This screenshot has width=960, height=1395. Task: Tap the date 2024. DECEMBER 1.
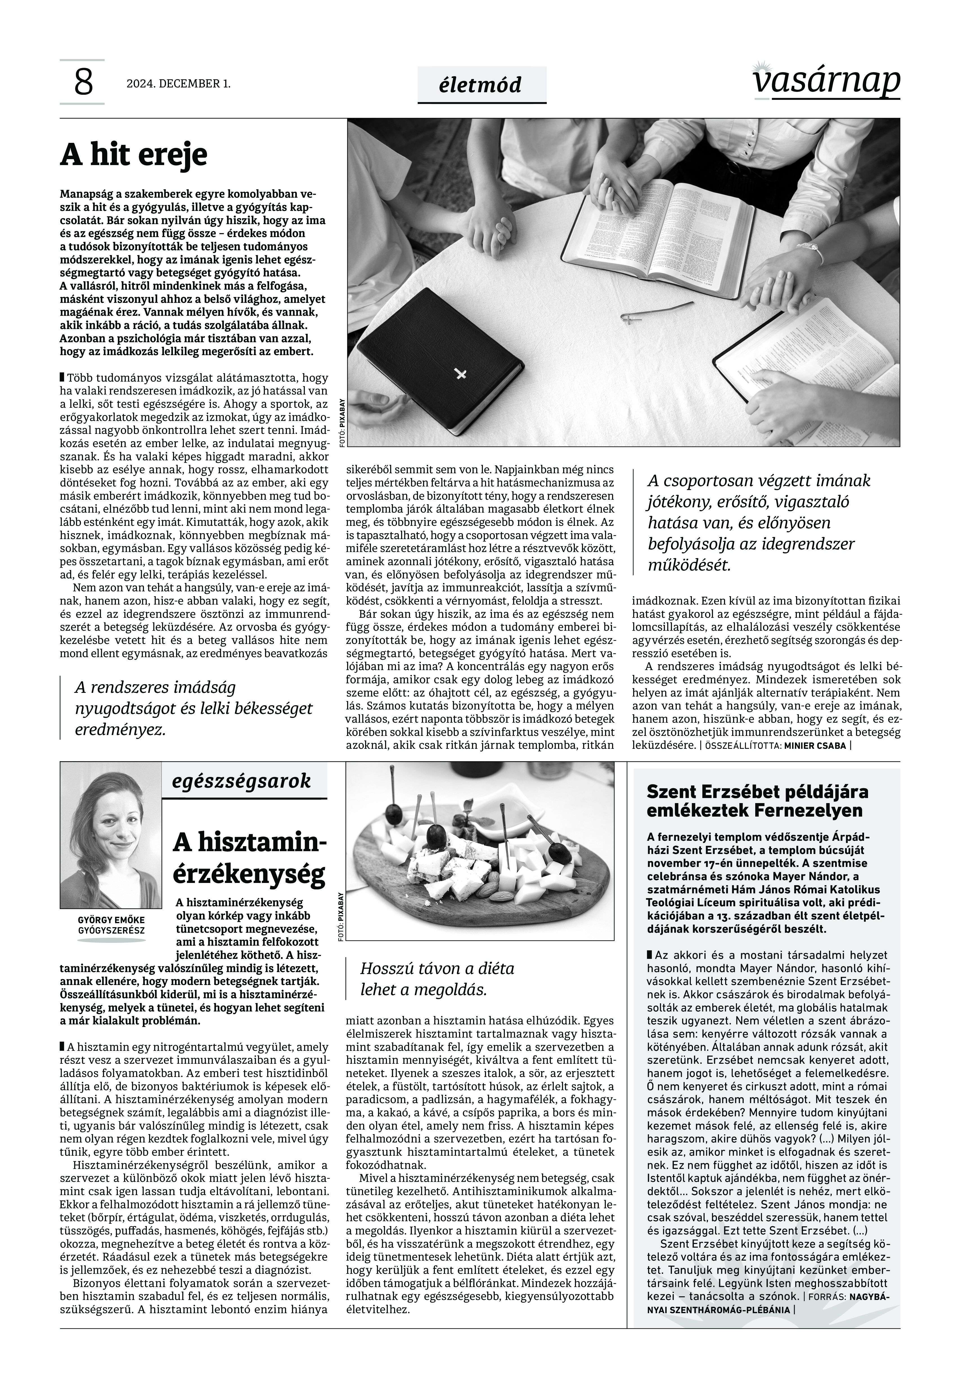[x=178, y=84]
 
